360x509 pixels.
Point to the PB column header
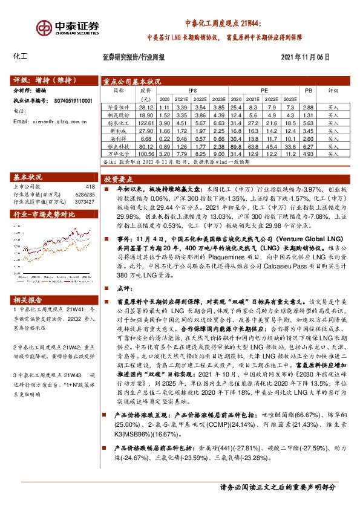point(309,90)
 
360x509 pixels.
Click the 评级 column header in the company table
point(333,90)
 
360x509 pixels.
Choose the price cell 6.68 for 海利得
point(146,138)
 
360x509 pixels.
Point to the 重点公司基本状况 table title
point(132,80)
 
